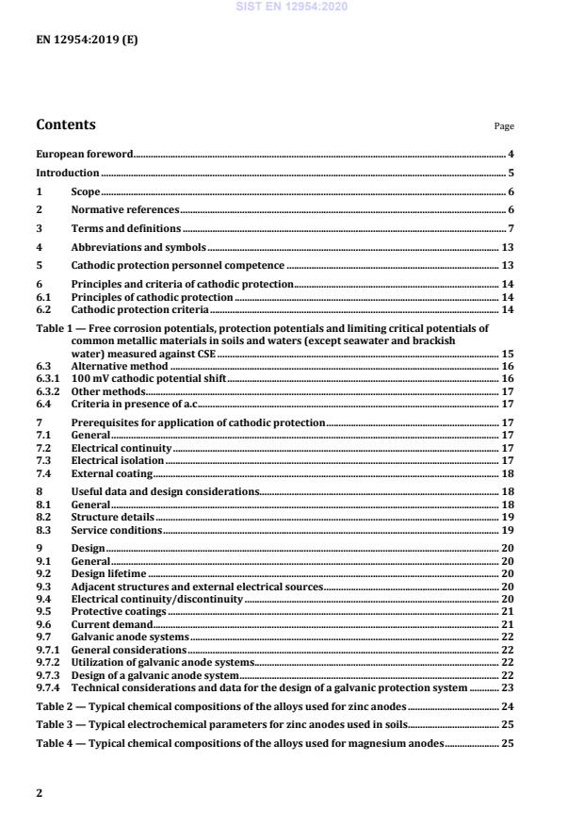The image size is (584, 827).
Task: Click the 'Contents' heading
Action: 65,124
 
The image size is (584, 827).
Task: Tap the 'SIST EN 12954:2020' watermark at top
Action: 291,7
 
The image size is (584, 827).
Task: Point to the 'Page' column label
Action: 504,126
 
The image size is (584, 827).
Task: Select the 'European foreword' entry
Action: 84,153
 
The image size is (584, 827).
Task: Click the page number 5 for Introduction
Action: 511,173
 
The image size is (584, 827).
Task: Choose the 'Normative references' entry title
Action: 124,210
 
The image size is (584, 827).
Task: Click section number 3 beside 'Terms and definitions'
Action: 40,228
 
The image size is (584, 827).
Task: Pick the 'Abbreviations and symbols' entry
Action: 138,247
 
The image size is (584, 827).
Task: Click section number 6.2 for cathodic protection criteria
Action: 42,309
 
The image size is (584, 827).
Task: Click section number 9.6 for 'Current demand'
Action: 42,623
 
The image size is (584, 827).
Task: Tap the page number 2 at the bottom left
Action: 40,793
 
